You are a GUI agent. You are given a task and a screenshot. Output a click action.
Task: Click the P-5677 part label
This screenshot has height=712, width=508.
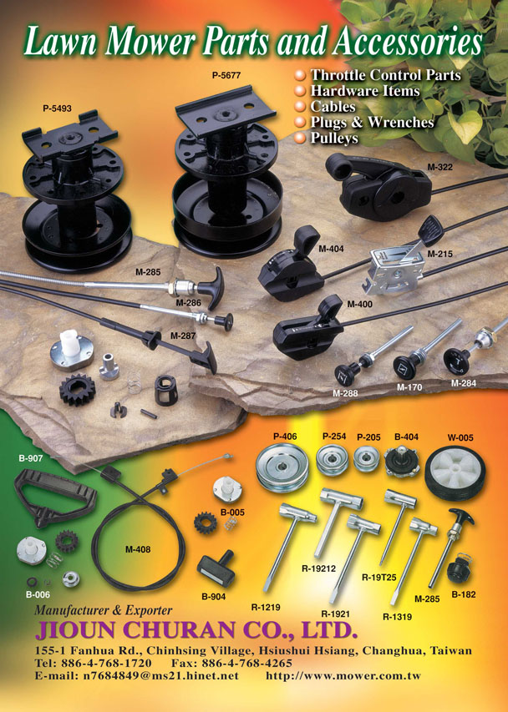[226, 75]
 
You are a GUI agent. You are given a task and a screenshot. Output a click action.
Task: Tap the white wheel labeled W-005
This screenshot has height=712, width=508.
[455, 472]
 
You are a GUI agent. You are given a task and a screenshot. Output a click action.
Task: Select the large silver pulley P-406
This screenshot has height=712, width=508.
[282, 467]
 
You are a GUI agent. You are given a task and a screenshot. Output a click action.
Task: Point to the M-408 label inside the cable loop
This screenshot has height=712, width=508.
[138, 549]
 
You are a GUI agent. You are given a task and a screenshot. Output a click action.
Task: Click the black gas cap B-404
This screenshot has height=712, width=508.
[402, 461]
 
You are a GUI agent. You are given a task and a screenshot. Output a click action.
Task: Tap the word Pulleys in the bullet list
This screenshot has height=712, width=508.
[334, 138]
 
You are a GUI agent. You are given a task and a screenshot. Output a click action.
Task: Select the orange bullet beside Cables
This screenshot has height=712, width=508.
[299, 106]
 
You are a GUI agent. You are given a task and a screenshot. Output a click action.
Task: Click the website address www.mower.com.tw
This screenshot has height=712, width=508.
[343, 675]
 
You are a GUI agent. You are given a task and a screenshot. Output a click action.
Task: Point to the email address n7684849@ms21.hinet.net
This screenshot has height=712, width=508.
[160, 675]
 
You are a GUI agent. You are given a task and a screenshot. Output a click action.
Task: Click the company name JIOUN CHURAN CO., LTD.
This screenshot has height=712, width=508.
[196, 630]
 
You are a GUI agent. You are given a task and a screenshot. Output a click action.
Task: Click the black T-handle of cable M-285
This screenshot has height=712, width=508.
[213, 285]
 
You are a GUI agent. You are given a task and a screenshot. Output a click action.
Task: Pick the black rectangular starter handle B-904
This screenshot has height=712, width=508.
[216, 568]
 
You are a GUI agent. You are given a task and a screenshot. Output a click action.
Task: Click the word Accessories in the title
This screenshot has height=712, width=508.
[407, 43]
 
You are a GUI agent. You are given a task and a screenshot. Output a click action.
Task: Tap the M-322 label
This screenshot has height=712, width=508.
[439, 167]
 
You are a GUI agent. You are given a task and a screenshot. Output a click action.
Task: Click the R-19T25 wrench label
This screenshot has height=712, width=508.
[378, 577]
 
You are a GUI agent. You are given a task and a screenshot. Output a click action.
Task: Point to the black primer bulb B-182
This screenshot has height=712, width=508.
[459, 570]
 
